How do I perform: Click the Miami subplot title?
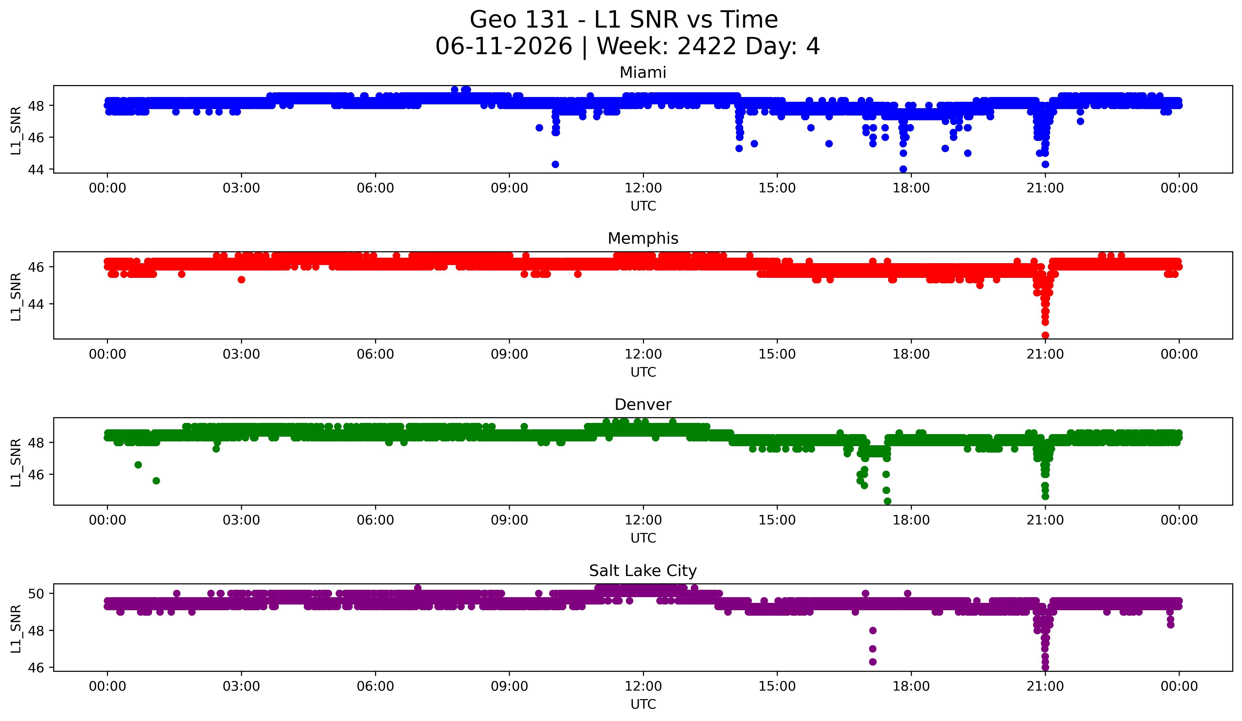tap(643, 73)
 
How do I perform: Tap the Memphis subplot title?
tap(643, 238)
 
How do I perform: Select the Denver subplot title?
tap(643, 405)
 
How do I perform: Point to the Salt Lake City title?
tap(643, 571)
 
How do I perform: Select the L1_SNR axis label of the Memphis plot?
tap(16, 297)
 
